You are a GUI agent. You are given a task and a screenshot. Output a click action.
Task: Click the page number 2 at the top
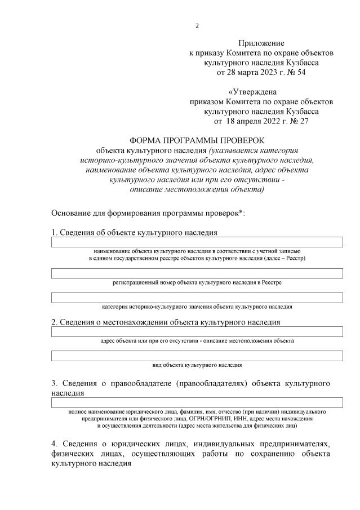pos(197,26)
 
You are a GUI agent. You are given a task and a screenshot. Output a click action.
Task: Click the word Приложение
pos(261,43)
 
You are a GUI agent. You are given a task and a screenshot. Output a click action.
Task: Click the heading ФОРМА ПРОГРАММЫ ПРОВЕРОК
pos(197,140)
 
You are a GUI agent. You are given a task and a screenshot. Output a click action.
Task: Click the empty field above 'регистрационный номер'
pos(197,273)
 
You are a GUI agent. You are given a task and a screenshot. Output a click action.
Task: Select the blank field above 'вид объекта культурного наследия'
pos(197,356)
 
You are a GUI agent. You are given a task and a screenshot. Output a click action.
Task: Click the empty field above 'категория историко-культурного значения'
pos(197,298)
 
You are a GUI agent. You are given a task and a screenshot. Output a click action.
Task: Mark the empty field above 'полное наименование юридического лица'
pos(197,402)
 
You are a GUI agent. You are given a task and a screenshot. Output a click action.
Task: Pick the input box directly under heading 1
pos(197,242)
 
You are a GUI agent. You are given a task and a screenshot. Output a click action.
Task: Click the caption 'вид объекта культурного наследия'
pos(197,365)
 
